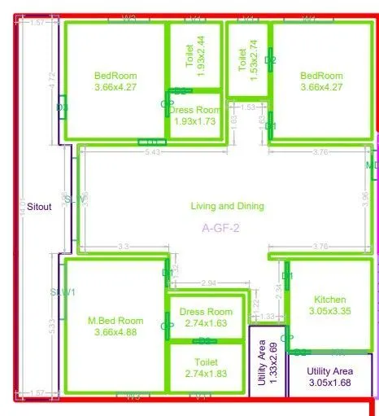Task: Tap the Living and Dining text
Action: [x=228, y=206]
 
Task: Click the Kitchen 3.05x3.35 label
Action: [x=329, y=305]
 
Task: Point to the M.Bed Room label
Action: [x=115, y=326]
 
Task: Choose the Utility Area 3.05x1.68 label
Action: [x=329, y=376]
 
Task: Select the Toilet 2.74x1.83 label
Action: [x=206, y=368]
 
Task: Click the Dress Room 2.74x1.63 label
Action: [x=206, y=317]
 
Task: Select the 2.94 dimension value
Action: [x=208, y=283]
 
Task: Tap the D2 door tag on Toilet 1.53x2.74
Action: [x=271, y=60]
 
